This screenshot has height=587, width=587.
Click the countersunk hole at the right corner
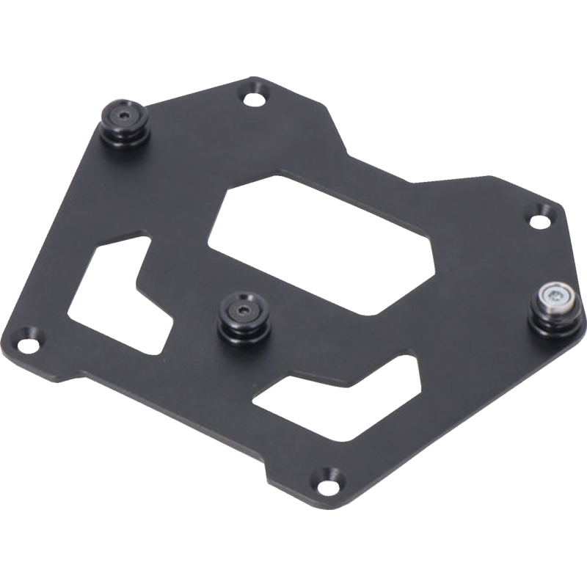[x=542, y=215]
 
